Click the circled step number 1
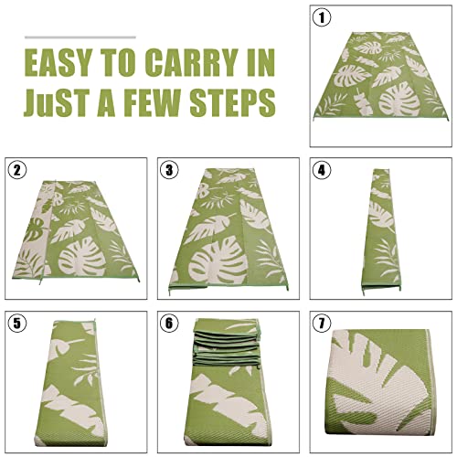(320, 17)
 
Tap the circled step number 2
(16, 170)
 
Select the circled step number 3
(169, 170)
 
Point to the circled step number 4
(320, 170)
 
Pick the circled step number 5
(16, 323)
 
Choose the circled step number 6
(169, 323)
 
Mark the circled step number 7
(320, 323)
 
